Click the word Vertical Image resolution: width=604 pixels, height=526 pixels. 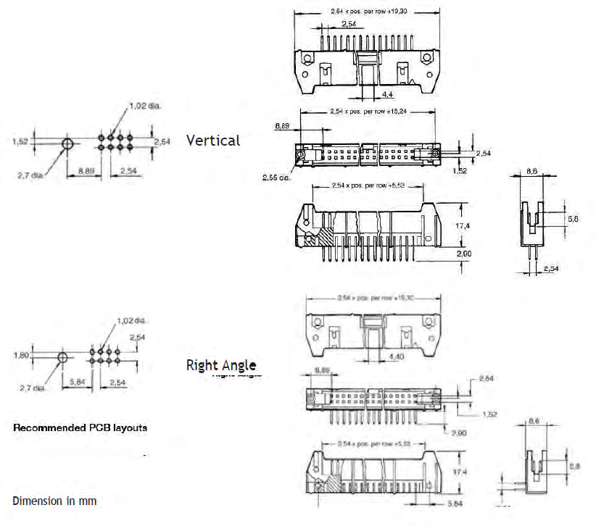(213, 141)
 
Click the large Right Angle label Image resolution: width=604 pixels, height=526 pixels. (221, 364)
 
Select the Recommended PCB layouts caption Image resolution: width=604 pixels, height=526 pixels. (80, 427)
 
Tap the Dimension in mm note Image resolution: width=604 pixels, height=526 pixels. (54, 501)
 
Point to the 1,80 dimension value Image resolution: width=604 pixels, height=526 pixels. (21, 355)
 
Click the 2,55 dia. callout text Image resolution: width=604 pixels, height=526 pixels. (277, 177)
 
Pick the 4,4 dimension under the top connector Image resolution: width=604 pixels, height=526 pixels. (389, 93)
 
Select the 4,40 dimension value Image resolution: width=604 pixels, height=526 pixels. (397, 356)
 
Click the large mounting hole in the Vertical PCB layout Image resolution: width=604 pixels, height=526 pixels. (67, 143)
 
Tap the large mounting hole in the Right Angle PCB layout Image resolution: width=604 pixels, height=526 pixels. (62, 358)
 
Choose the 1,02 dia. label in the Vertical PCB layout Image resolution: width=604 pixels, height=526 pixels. (145, 106)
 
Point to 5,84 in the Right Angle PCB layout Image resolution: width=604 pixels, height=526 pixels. (78, 382)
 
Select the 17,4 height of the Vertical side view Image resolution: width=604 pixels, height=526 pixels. (462, 226)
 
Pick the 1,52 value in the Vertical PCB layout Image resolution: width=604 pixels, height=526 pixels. (21, 142)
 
